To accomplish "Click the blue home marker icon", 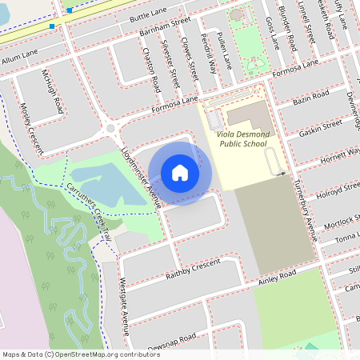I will pyautogui.click(x=180, y=173).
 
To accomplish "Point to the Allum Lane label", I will pyautogui.click(x=20, y=58).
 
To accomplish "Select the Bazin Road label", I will pyautogui.click(x=311, y=97).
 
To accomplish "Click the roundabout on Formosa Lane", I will pyautogui.click(x=111, y=128).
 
